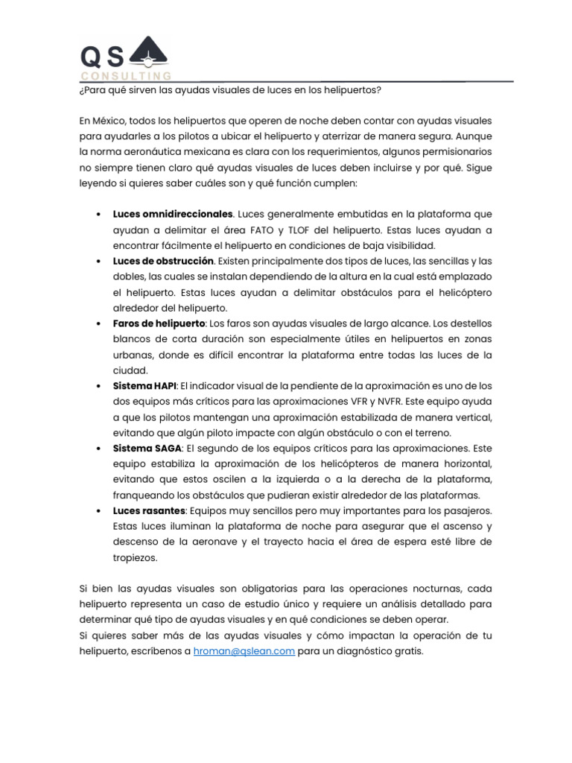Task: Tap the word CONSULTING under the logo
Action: [x=126, y=76]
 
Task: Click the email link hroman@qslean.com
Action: [x=244, y=650]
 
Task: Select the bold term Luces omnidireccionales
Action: [x=173, y=215]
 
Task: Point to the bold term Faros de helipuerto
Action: [x=159, y=324]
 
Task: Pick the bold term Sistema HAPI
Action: [x=144, y=387]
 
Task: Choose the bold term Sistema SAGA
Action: [x=147, y=449]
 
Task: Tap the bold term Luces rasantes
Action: [x=149, y=511]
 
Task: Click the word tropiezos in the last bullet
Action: [x=136, y=557]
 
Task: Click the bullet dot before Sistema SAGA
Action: [x=99, y=449]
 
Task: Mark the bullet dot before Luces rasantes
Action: [x=99, y=511]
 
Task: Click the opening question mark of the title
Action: [x=80, y=90]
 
